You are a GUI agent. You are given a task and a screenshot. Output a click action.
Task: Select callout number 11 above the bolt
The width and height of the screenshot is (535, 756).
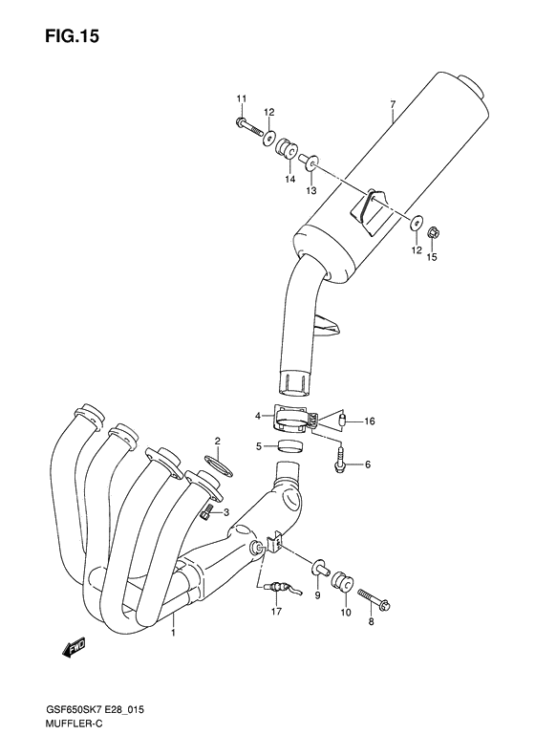242,99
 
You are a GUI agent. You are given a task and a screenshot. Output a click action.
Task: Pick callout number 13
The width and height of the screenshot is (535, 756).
310,191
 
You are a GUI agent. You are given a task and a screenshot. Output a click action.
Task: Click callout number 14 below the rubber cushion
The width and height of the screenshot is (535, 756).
289,178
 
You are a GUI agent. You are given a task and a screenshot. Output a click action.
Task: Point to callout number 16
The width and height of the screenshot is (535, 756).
370,421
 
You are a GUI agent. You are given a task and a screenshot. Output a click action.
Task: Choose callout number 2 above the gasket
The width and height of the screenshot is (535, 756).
217,441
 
